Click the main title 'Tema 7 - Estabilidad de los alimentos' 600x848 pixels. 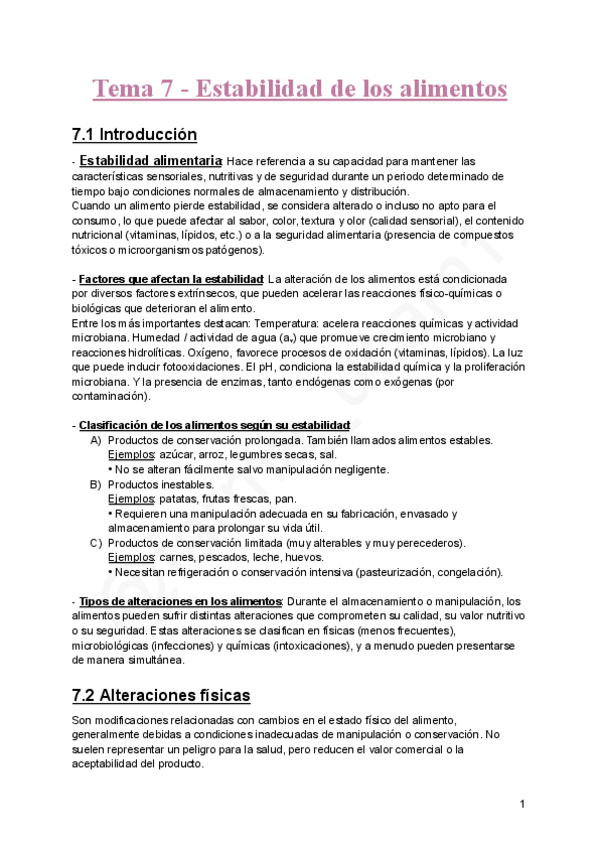click(x=300, y=89)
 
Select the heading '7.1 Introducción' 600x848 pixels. click(x=135, y=135)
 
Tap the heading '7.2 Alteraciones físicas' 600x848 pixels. click(x=161, y=695)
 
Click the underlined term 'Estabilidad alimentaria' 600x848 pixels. click(x=150, y=161)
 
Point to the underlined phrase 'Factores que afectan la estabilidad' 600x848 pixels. click(x=170, y=278)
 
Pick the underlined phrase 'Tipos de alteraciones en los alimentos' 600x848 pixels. click(x=180, y=601)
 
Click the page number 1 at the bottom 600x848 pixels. click(x=522, y=804)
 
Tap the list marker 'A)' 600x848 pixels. click(x=96, y=440)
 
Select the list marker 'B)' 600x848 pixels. click(x=96, y=484)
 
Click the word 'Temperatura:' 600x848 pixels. click(x=287, y=323)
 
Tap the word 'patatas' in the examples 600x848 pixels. click(x=180, y=499)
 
